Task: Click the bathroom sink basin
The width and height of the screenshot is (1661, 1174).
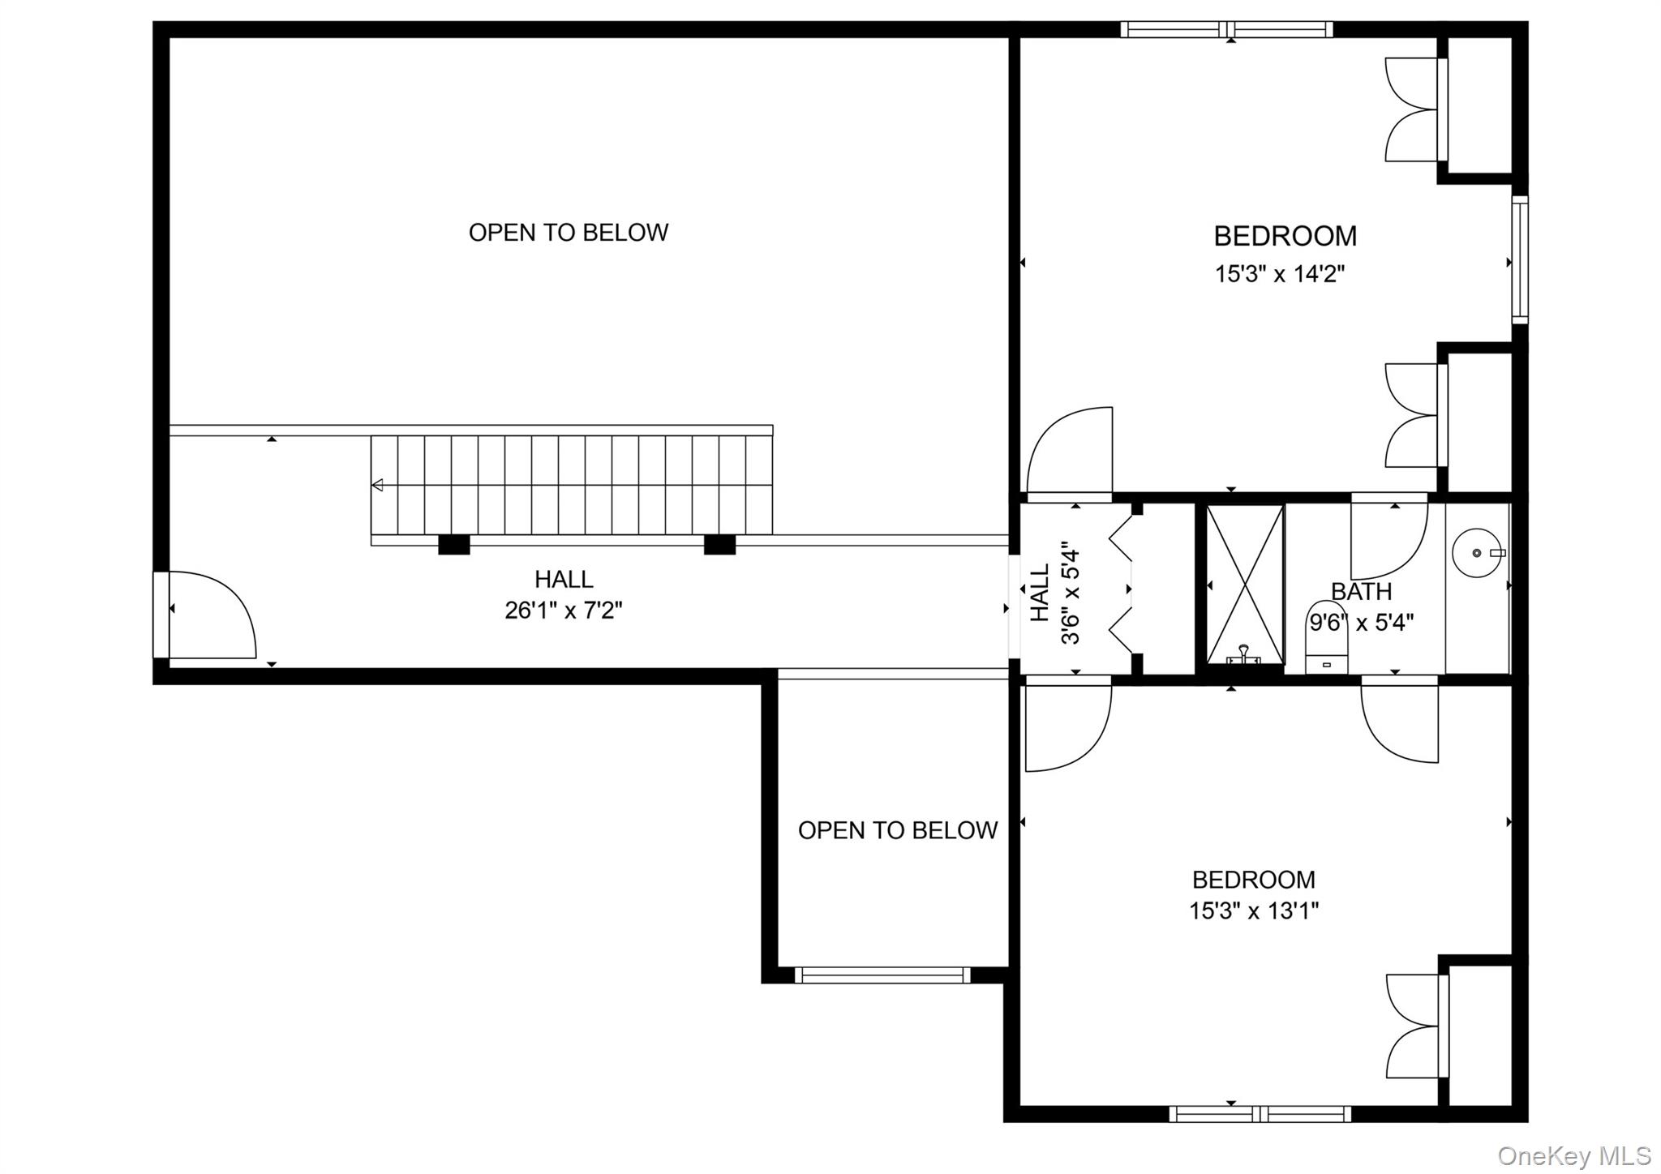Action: [x=1477, y=552]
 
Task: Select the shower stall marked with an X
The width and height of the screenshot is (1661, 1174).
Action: [x=1245, y=584]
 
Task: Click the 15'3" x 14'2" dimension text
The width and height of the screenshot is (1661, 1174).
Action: [x=1279, y=274]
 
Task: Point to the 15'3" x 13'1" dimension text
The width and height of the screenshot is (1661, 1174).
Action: [x=1254, y=911]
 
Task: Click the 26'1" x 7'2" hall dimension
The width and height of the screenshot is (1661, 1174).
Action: [x=564, y=610]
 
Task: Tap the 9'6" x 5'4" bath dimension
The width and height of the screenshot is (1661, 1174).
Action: [x=1362, y=623]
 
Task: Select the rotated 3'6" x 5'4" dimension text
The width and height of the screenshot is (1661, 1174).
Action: [x=1071, y=593]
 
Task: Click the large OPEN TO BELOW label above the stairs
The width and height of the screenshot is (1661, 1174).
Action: [x=568, y=233]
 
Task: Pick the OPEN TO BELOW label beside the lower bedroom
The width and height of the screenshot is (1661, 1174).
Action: [x=897, y=830]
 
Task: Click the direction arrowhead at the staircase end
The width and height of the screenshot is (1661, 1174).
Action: [x=377, y=486]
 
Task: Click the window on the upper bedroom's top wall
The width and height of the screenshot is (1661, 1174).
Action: [x=1226, y=30]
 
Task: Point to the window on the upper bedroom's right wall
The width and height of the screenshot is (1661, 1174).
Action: [x=1520, y=259]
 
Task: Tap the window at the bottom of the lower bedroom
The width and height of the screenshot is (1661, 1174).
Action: [x=1260, y=1115]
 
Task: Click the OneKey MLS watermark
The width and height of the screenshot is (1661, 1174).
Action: [x=1573, y=1155]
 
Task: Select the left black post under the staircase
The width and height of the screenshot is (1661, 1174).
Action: [x=454, y=545]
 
